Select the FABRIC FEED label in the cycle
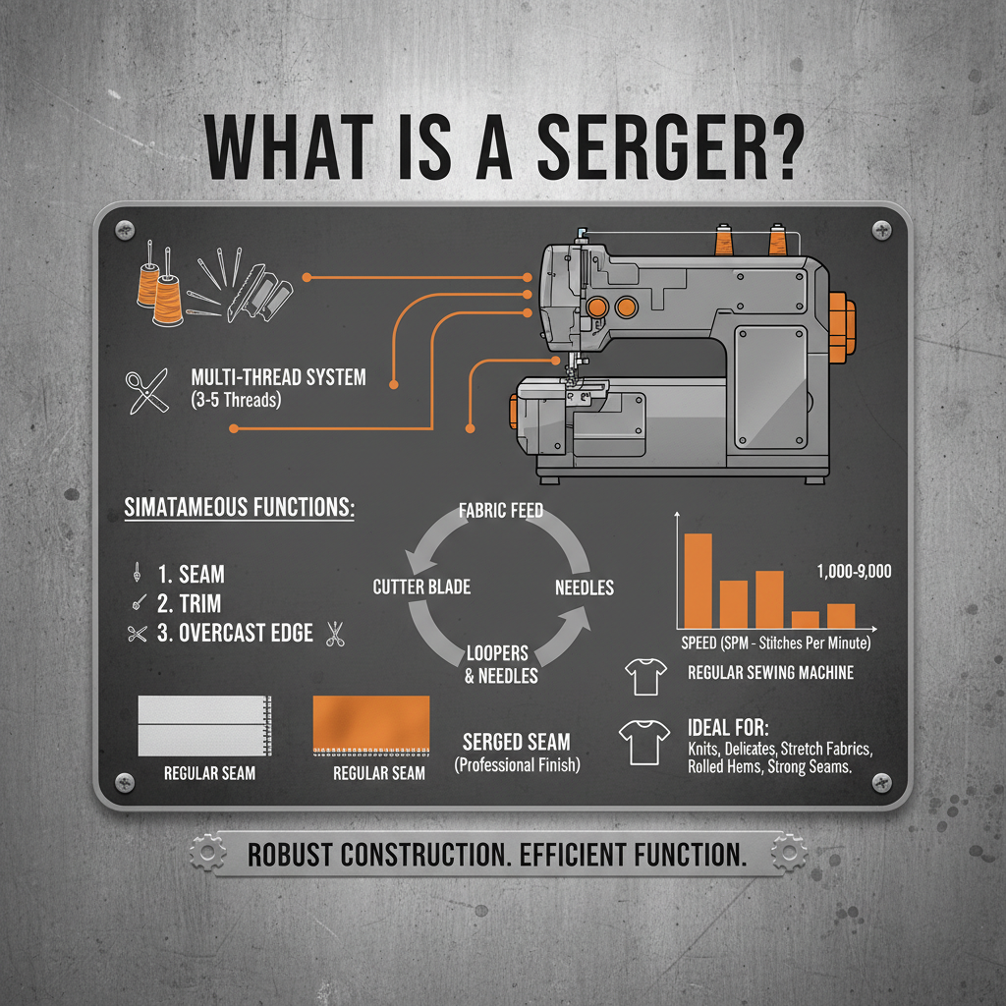point(501,511)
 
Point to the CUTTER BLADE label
point(421,587)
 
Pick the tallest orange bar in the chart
point(698,580)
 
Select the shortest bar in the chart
point(805,619)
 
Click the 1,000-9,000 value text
point(854,571)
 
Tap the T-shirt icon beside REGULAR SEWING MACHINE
point(644,674)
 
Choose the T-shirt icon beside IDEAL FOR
point(640,743)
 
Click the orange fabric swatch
point(370,723)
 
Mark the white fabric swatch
point(203,725)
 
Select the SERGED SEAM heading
point(516,743)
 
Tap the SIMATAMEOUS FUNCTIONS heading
point(240,509)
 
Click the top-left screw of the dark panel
point(125,230)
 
